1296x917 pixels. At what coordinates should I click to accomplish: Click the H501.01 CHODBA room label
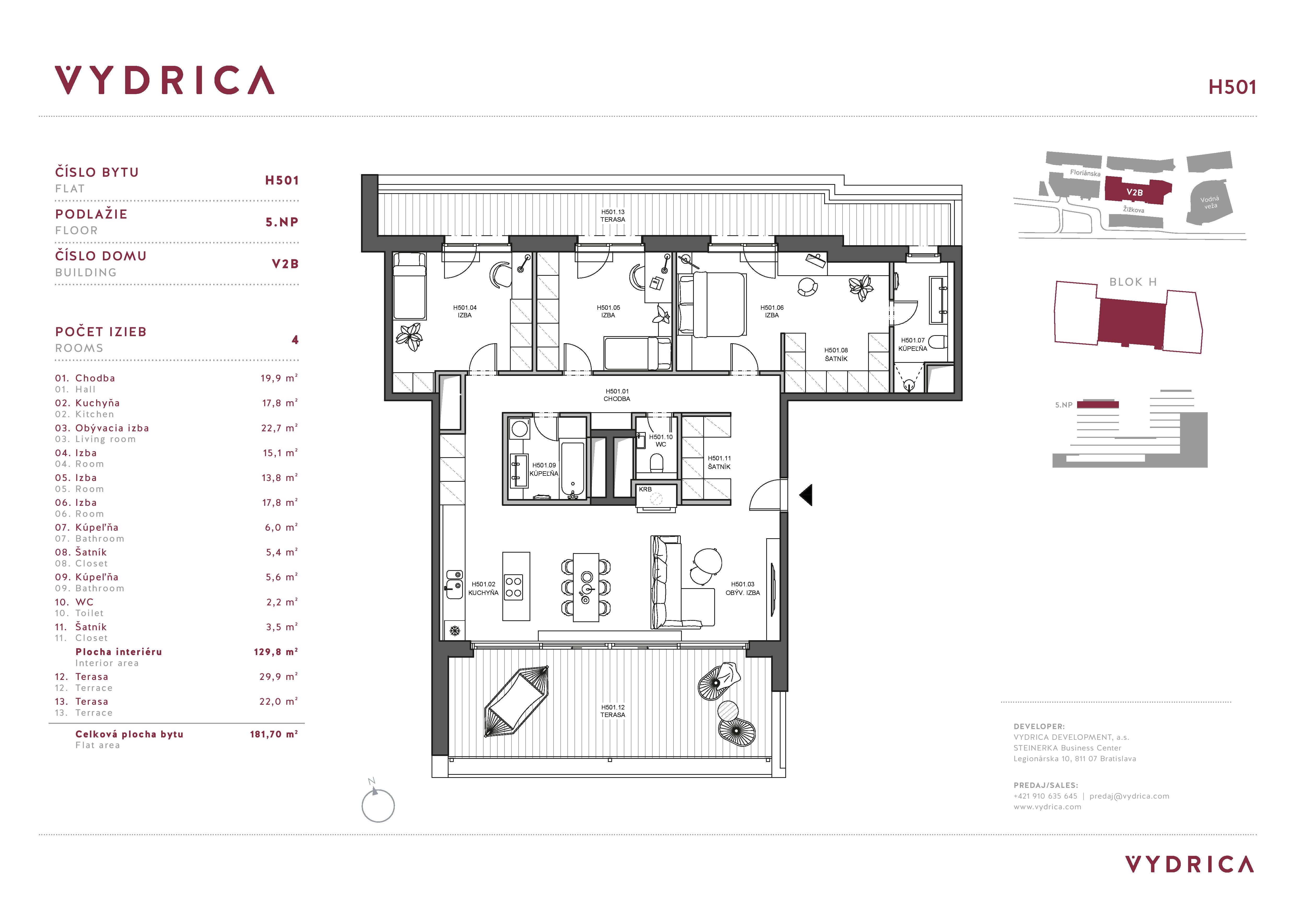click(x=617, y=395)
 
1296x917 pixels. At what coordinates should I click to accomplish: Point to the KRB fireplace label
click(x=645, y=489)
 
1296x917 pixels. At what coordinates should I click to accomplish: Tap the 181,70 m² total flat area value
click(x=274, y=734)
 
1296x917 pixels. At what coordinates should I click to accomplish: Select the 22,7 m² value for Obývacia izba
click(x=279, y=428)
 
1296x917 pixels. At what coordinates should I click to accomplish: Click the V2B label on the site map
click(x=1135, y=193)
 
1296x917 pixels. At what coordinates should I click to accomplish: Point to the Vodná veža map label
click(x=1210, y=202)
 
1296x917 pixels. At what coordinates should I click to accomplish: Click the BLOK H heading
click(x=1133, y=282)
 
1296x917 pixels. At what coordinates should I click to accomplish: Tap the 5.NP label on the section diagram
click(x=1063, y=405)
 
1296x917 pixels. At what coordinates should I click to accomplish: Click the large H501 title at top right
click(x=1232, y=87)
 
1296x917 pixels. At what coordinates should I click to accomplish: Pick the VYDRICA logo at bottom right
click(x=1189, y=864)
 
